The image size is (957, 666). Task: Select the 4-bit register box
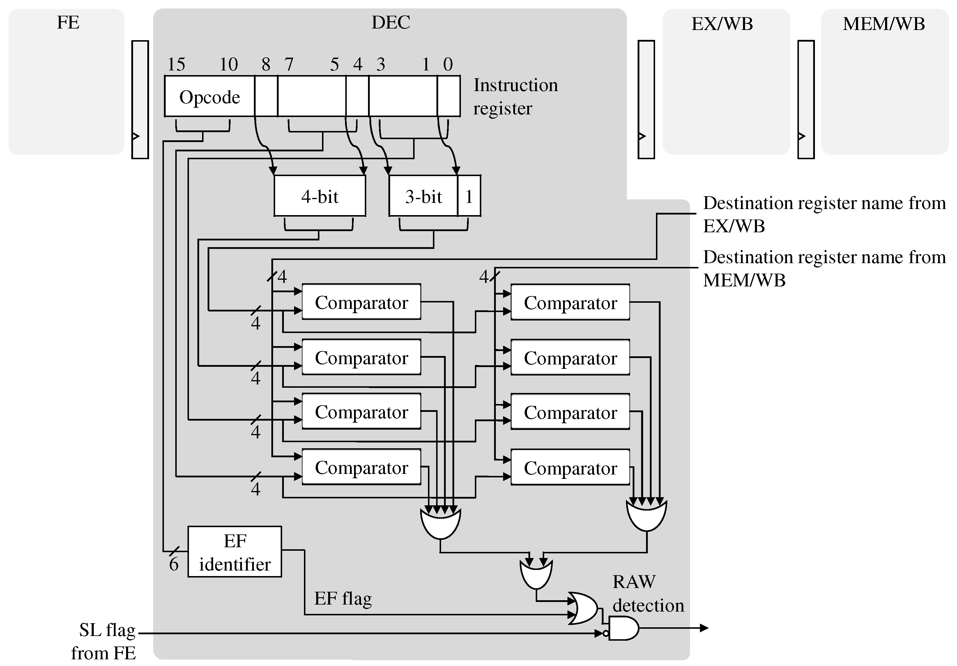point(320,196)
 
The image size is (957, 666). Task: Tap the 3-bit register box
point(423,196)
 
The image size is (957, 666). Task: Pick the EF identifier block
point(235,552)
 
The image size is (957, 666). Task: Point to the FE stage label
point(68,22)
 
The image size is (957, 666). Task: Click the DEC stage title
point(390,22)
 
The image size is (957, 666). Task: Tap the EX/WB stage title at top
point(722,24)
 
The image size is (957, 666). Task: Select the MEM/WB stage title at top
point(884,24)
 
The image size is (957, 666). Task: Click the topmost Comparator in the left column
point(361,302)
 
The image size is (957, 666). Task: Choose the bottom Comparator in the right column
point(570,467)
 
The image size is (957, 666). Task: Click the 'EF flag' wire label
point(343,598)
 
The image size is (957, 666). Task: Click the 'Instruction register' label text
point(515,97)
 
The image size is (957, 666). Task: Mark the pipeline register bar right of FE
point(140,99)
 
